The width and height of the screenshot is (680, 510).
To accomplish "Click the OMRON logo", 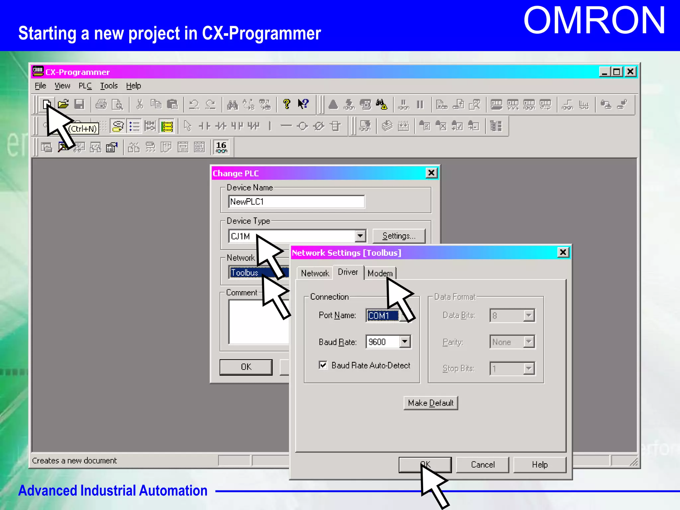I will click(594, 21).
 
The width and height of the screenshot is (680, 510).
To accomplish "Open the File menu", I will click(41, 86).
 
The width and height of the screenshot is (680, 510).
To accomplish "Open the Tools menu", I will click(109, 86).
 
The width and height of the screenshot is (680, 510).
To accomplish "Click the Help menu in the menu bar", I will click(133, 86).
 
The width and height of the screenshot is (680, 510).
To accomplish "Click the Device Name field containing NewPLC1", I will click(296, 202).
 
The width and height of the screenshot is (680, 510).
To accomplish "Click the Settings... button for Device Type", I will click(399, 236).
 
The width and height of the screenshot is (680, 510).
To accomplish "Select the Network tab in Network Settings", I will click(315, 273).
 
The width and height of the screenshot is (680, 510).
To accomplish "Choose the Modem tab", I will click(380, 273).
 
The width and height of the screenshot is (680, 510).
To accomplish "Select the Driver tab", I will click(348, 272).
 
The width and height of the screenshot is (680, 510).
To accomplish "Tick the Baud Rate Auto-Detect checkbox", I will click(323, 365).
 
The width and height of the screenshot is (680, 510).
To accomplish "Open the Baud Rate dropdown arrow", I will click(405, 342).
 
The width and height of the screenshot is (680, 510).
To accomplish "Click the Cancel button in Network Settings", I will click(482, 465).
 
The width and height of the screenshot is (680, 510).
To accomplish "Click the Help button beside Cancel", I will click(540, 465).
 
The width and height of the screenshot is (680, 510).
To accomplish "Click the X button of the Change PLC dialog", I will click(431, 173).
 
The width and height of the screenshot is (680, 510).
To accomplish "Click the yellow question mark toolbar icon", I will click(287, 104).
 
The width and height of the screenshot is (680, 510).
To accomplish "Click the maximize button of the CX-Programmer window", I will click(617, 72).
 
